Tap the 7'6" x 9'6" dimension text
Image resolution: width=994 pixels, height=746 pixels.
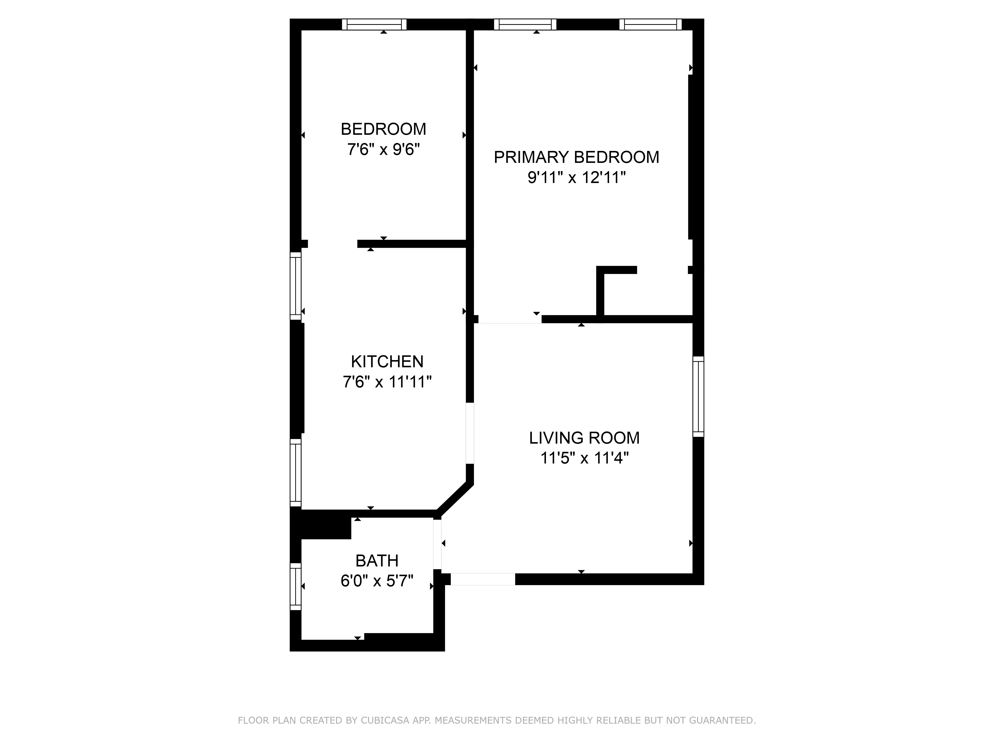[383, 149]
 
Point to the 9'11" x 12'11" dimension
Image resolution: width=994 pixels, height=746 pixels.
[576, 178]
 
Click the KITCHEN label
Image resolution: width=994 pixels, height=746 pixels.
[387, 362]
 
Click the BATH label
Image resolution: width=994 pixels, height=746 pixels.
[376, 561]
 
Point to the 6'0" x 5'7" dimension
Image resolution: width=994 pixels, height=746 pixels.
[376, 581]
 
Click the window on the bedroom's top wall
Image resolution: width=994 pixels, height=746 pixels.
[374, 24]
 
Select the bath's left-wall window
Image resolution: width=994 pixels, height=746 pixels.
[295, 586]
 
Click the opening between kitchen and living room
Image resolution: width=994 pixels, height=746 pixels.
[470, 433]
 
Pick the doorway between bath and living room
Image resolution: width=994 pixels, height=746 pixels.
[437, 544]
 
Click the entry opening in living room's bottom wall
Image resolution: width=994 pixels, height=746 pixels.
[483, 579]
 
